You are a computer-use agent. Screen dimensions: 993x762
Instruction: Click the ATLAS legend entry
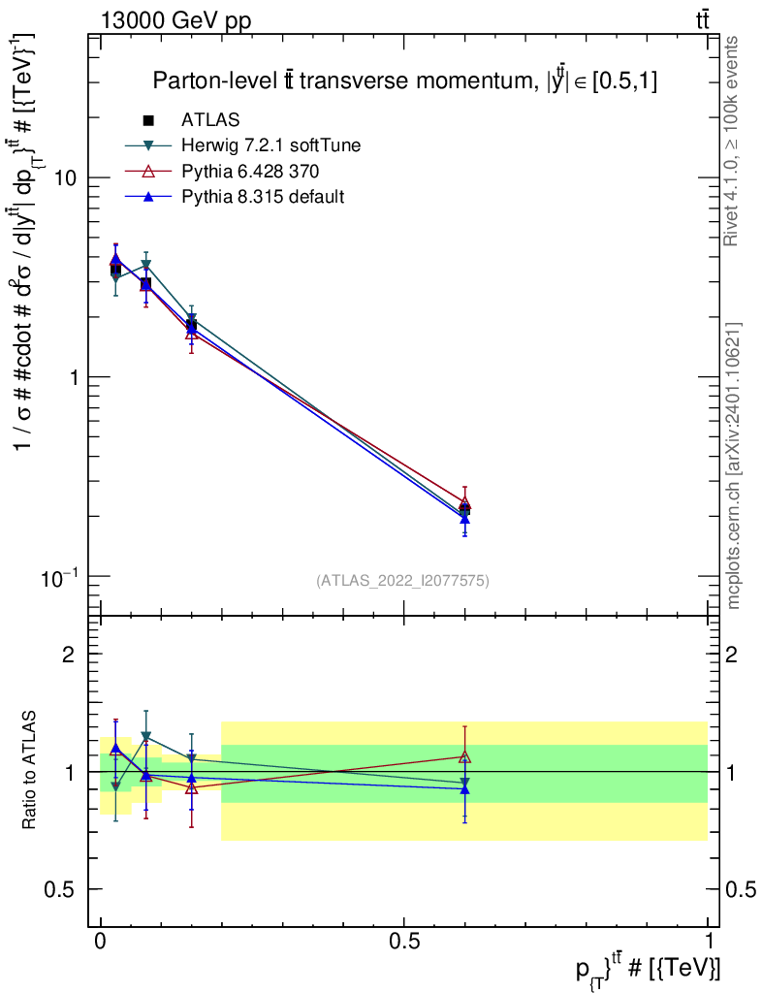209,120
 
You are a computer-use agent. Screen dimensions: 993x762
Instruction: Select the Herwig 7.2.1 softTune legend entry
270,146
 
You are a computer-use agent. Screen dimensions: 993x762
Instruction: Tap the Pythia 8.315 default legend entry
263,197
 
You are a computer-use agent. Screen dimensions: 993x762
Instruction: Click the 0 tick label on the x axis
101,942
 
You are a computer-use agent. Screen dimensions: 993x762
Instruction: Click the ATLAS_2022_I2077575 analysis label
402,581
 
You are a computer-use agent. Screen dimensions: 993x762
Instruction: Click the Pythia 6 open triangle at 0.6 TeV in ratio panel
465,756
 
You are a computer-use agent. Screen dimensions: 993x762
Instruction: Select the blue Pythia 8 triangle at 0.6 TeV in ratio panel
465,789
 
